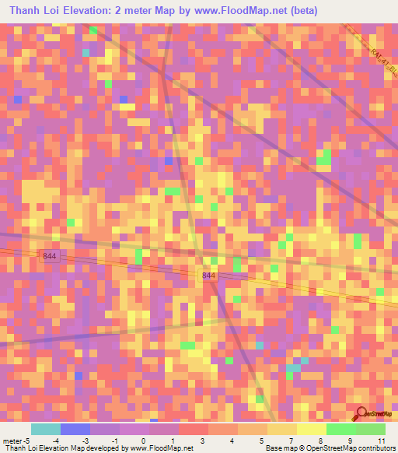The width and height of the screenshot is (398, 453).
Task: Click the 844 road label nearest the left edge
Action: click(50, 255)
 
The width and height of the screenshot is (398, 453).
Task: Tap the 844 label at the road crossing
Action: click(208, 276)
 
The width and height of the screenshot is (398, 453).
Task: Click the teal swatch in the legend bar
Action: click(45, 429)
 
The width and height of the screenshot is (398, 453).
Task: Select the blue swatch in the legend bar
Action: click(75, 429)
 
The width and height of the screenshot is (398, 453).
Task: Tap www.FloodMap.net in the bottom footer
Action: click(163, 449)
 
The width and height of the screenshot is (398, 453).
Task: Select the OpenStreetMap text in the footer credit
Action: click(320, 449)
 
